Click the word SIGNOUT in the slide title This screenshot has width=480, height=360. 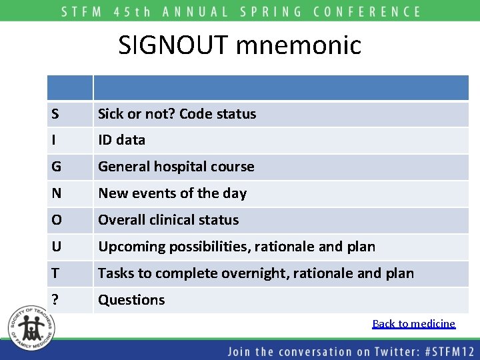174,45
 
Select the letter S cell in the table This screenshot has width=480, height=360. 54,114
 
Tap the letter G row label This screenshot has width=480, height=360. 55,167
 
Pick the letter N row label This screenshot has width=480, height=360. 55,193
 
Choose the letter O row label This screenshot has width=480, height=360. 55,220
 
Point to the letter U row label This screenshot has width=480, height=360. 55,247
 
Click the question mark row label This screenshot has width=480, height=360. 54,300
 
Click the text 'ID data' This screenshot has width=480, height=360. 121,140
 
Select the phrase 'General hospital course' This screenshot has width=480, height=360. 176,167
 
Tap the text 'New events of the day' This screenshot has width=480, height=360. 172,193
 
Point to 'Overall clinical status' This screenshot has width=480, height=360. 168,220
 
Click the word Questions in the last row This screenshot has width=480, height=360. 131,300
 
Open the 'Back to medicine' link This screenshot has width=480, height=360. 413,324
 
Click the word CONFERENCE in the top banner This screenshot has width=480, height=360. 369,11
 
